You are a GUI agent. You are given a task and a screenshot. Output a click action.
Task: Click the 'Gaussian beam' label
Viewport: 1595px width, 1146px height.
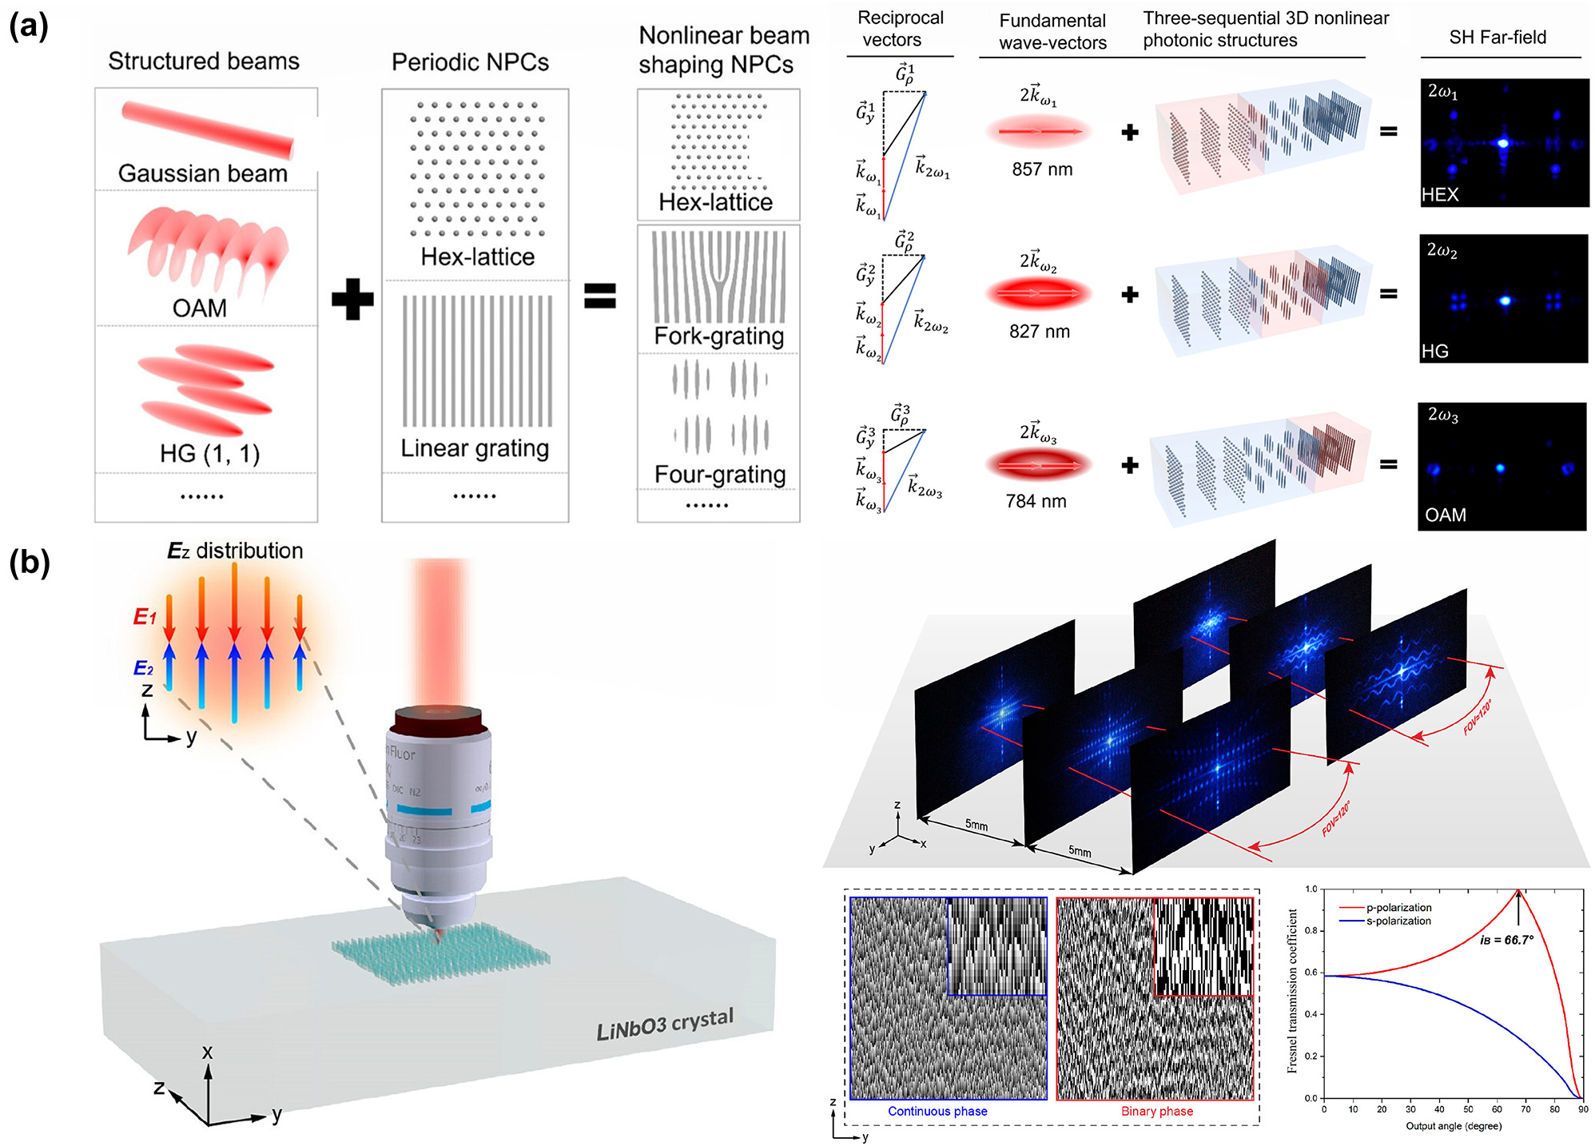(203, 173)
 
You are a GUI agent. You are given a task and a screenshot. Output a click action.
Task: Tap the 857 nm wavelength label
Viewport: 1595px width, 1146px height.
(1042, 169)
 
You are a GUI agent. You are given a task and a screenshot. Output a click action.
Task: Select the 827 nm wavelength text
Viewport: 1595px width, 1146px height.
(1039, 332)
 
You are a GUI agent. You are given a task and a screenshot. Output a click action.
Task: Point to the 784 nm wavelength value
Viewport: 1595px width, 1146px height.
(1036, 501)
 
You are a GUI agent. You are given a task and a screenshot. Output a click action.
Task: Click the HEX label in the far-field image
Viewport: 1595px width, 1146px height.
(1440, 195)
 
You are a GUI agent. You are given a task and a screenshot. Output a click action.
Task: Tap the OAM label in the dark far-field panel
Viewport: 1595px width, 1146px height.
(1446, 515)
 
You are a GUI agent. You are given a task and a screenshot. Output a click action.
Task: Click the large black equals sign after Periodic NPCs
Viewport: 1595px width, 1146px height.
(599, 296)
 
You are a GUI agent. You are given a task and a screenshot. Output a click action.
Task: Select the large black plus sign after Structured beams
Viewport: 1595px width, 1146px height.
(352, 299)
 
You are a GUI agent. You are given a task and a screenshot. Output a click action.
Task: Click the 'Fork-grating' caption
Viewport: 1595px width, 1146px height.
(718, 336)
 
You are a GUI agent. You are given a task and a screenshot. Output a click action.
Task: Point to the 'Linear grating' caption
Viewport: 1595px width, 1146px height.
(475, 448)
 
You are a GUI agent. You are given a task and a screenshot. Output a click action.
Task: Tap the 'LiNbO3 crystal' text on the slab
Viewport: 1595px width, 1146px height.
(665, 1025)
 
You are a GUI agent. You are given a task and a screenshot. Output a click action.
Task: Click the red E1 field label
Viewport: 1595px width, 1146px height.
(145, 617)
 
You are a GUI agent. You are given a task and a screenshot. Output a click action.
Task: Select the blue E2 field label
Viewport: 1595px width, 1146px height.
(144, 668)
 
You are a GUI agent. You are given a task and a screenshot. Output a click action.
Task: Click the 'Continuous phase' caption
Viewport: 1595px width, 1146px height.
(937, 1111)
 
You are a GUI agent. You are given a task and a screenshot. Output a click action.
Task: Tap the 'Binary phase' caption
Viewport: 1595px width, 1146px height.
(1156, 1111)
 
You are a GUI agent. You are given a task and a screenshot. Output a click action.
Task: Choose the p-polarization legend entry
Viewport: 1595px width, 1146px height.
(1398, 908)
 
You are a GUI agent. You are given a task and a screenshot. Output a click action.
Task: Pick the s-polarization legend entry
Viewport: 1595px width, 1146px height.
(1398, 921)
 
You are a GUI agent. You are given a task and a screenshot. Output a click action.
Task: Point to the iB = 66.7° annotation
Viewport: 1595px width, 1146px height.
(1506, 940)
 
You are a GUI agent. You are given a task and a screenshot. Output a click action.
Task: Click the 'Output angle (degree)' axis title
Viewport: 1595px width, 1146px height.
(1454, 1126)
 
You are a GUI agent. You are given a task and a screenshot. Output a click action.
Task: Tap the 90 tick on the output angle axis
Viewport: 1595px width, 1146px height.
(1583, 1109)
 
